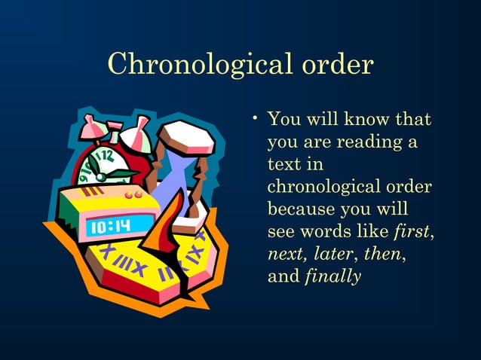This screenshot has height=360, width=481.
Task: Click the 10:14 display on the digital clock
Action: point(110,226)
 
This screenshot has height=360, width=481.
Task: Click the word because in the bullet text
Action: point(300,208)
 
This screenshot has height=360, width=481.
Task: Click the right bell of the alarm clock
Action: point(136,136)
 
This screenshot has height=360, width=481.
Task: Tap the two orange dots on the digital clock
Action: point(134,194)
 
